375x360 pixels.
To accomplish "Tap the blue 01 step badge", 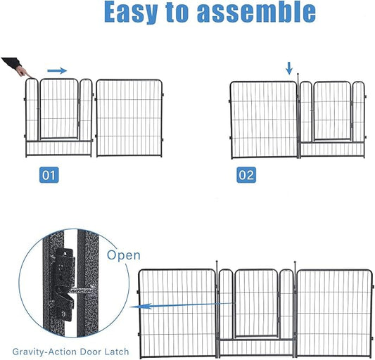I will (x=49, y=175).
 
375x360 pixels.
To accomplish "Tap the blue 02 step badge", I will (x=246, y=175).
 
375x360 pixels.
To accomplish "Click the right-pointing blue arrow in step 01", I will (x=57, y=70).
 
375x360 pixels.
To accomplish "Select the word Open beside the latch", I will (x=124, y=255).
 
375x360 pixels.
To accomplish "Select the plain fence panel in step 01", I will (x=129, y=117).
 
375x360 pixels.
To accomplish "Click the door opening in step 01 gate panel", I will (x=58, y=109).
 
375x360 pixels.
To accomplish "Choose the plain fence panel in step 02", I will (x=264, y=119).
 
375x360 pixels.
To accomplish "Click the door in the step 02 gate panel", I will (x=331, y=110).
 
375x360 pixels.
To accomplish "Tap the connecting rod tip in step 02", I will (x=298, y=75).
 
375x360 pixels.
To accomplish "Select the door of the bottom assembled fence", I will (x=256, y=303).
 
